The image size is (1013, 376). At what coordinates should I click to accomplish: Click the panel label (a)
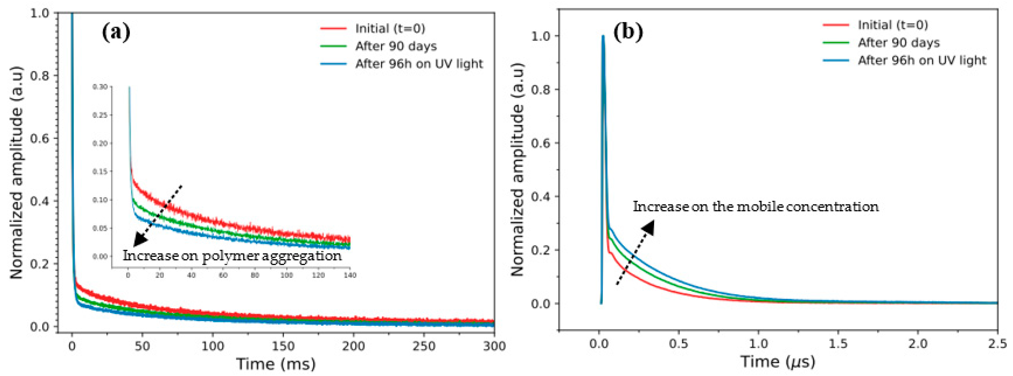pos(116,32)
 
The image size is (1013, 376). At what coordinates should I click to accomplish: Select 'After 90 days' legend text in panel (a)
pos(396,46)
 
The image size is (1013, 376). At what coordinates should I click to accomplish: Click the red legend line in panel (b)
pos(836,25)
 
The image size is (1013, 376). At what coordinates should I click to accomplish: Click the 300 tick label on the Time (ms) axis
pos(494,346)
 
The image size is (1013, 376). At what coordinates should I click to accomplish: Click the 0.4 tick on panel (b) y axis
pos(540,197)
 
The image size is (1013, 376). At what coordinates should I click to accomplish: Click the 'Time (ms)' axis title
pos(276,364)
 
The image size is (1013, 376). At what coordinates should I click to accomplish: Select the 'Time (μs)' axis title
pos(778,361)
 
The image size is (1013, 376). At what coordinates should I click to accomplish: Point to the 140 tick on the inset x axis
pos(350,275)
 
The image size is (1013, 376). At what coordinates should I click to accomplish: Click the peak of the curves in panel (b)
pos(603,36)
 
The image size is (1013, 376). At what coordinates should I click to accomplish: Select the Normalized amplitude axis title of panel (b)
pos(518,169)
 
